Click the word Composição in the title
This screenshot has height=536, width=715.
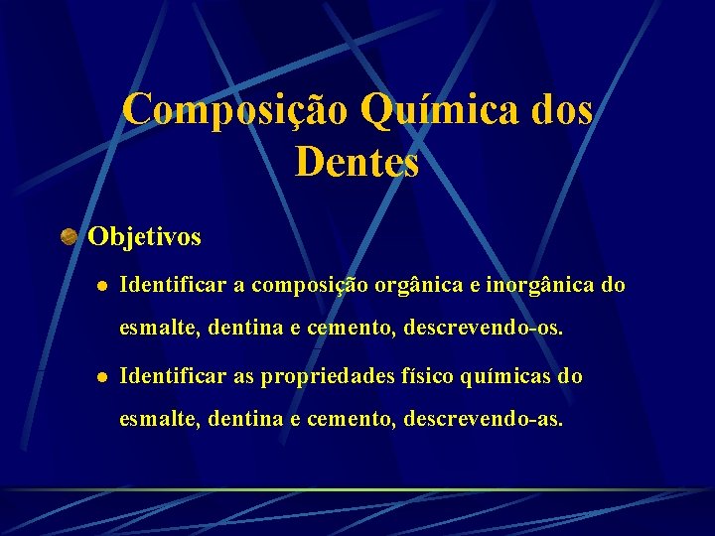coord(234,109)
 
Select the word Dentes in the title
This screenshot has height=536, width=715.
coord(357,162)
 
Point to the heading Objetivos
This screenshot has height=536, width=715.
coord(144,236)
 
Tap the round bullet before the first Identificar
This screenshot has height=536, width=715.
coord(100,287)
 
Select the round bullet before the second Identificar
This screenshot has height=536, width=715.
coord(100,378)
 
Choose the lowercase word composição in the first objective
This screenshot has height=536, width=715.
coord(308,286)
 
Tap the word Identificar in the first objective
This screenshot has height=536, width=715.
coord(173,286)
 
